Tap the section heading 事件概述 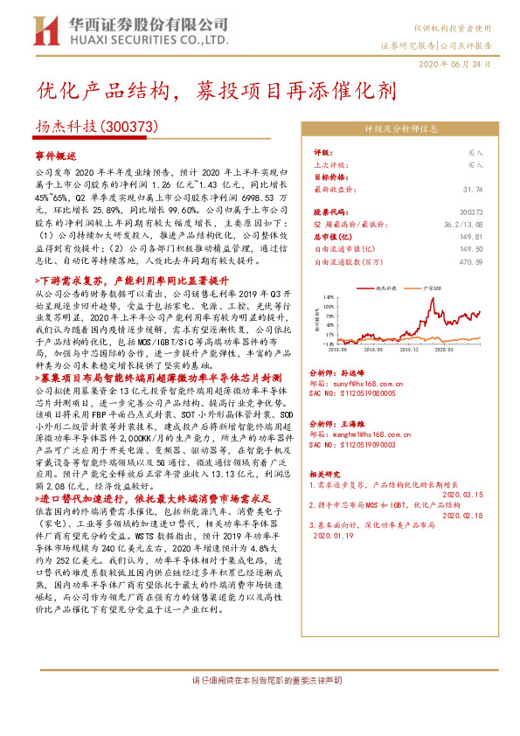(57, 154)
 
